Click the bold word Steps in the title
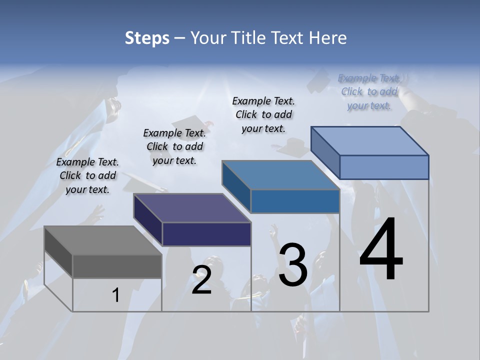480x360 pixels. (x=147, y=38)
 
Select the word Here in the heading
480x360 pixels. (x=328, y=38)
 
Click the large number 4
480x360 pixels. (x=381, y=250)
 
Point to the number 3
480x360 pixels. (x=293, y=265)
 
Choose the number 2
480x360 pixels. (x=201, y=280)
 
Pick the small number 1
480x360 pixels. (x=116, y=295)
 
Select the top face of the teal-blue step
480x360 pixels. (x=280, y=175)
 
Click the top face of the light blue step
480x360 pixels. (x=370, y=141)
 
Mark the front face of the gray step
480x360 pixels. (x=117, y=266)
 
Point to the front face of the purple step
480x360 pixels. (x=206, y=234)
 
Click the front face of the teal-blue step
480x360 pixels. (x=295, y=201)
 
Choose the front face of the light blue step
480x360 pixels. (x=384, y=167)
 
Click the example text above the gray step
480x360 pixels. (x=87, y=175)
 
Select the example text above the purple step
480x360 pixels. (x=174, y=146)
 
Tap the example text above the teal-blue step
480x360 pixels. (x=263, y=114)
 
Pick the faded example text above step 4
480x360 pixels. (x=369, y=91)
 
